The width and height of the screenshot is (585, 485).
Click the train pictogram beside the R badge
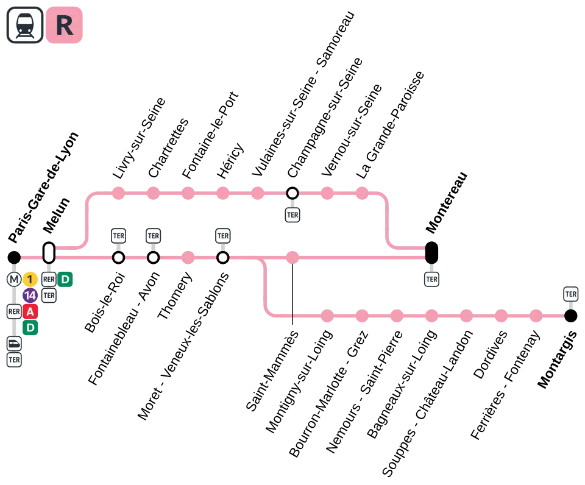[25, 25]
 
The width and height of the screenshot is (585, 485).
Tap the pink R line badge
[64, 25]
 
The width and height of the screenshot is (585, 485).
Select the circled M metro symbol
[14, 280]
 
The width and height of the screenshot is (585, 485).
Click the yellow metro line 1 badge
[30, 280]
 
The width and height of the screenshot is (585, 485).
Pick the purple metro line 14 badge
[30, 296]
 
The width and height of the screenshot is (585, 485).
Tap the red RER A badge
[30, 312]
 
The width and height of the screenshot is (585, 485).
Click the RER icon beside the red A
[14, 312]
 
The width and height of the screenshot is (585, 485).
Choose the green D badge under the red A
[30, 328]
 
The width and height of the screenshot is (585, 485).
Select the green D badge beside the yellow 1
[65, 280]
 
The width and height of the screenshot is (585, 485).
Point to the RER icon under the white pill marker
[49, 280]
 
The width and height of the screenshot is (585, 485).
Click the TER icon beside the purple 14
[49, 296]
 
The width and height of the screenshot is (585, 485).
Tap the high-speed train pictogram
[14, 344]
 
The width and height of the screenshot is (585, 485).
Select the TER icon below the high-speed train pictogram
[14, 359]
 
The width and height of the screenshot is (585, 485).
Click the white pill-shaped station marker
[49, 252]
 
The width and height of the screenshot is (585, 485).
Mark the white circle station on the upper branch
[292, 193]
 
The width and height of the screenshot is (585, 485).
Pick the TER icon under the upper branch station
[292, 214]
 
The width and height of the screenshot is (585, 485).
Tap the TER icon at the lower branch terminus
[570, 294]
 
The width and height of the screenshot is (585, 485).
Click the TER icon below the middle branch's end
[431, 280]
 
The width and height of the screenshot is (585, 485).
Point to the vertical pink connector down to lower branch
[266, 286]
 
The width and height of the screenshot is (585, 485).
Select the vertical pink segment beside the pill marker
[87, 219]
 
